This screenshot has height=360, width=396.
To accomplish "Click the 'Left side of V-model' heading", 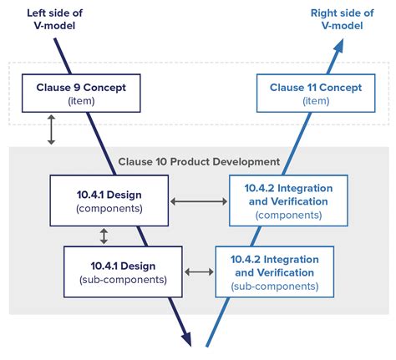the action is coord(54,19).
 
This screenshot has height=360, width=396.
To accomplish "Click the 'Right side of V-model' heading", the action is coord(343,19).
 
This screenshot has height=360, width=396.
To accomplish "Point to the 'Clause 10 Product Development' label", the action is coord(199,162).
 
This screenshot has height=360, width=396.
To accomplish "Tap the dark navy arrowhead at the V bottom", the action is coord(187,339).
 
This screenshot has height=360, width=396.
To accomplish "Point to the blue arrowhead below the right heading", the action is coord(338,46).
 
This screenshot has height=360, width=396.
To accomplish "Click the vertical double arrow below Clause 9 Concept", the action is coord(51,129).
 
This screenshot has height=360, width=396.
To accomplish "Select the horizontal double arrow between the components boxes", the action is coord(199,201).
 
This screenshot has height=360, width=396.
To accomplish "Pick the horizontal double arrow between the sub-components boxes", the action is coord(199,272).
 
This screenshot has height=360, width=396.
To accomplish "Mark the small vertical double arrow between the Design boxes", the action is coord(104,236).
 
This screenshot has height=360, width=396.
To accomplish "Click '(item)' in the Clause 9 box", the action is coord(81,101).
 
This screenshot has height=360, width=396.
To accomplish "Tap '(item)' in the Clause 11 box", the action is coord(316,101).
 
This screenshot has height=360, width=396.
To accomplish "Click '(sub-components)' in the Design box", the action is coord(123,280).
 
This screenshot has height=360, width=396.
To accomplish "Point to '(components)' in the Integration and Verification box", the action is coord(288,215).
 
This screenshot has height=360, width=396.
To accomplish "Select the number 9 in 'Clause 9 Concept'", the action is coord(77,88).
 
